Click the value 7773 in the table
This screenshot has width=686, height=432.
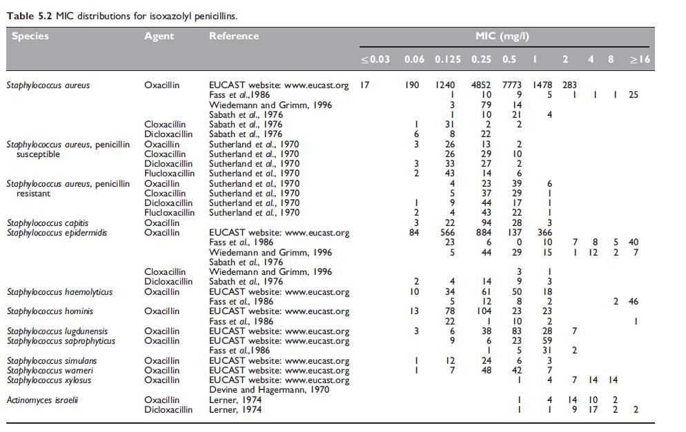[509, 85]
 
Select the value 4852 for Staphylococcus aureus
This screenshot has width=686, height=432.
[481, 85]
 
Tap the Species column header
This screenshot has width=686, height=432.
[30, 37]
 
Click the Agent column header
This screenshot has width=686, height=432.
[159, 37]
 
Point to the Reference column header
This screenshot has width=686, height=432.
[234, 37]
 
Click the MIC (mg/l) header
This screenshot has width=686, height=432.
[502, 37]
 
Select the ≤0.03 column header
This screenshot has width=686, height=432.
[375, 59]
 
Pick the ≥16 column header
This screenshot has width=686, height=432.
[640, 59]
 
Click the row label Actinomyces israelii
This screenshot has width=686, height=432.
[42, 400]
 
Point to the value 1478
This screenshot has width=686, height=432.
[542, 85]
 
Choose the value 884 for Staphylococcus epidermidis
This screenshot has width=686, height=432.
[484, 233]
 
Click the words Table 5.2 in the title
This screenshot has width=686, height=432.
[29, 14]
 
